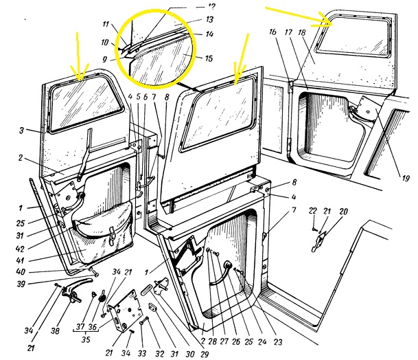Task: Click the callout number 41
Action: [21, 260]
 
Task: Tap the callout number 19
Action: [405, 178]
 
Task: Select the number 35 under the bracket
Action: [86, 339]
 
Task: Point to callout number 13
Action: [209, 19]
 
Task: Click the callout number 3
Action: [21, 131]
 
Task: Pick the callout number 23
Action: [278, 342]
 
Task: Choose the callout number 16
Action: [272, 32]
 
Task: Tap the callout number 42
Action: [21, 249]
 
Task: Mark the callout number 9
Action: [105, 58]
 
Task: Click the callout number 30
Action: [190, 354]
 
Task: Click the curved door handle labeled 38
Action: [75, 289]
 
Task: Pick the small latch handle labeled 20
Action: [318, 242]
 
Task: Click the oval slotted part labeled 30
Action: [147, 290]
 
